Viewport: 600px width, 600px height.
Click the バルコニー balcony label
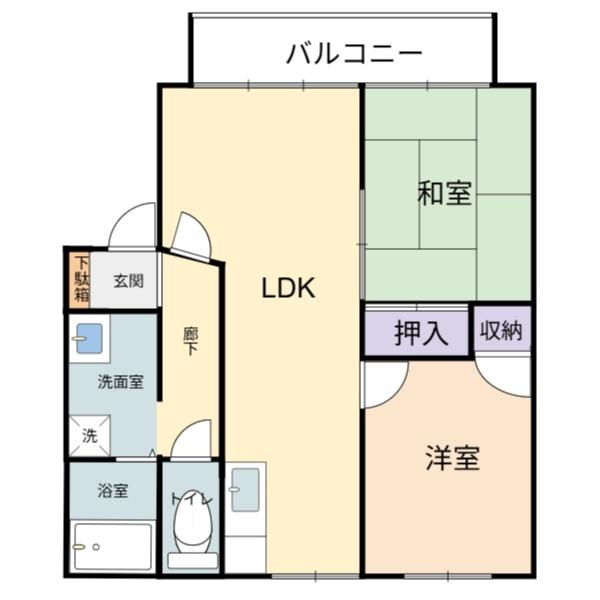click(354, 53)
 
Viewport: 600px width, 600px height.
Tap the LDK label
click(288, 288)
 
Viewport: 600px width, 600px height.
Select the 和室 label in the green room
click(444, 193)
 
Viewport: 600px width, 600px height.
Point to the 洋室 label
click(453, 458)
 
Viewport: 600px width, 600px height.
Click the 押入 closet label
click(421, 333)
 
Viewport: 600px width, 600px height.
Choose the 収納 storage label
click(501, 330)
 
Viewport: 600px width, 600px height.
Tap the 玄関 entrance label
click(129, 281)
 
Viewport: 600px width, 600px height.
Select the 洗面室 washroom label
click(121, 382)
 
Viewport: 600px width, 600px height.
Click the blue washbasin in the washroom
click(89, 339)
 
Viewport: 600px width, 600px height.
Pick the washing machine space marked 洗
click(90, 435)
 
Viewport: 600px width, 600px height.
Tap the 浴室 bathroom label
click(113, 491)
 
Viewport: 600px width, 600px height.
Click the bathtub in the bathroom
click(113, 547)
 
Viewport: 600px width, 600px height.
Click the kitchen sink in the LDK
click(245, 490)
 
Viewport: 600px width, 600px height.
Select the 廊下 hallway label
click(190, 341)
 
